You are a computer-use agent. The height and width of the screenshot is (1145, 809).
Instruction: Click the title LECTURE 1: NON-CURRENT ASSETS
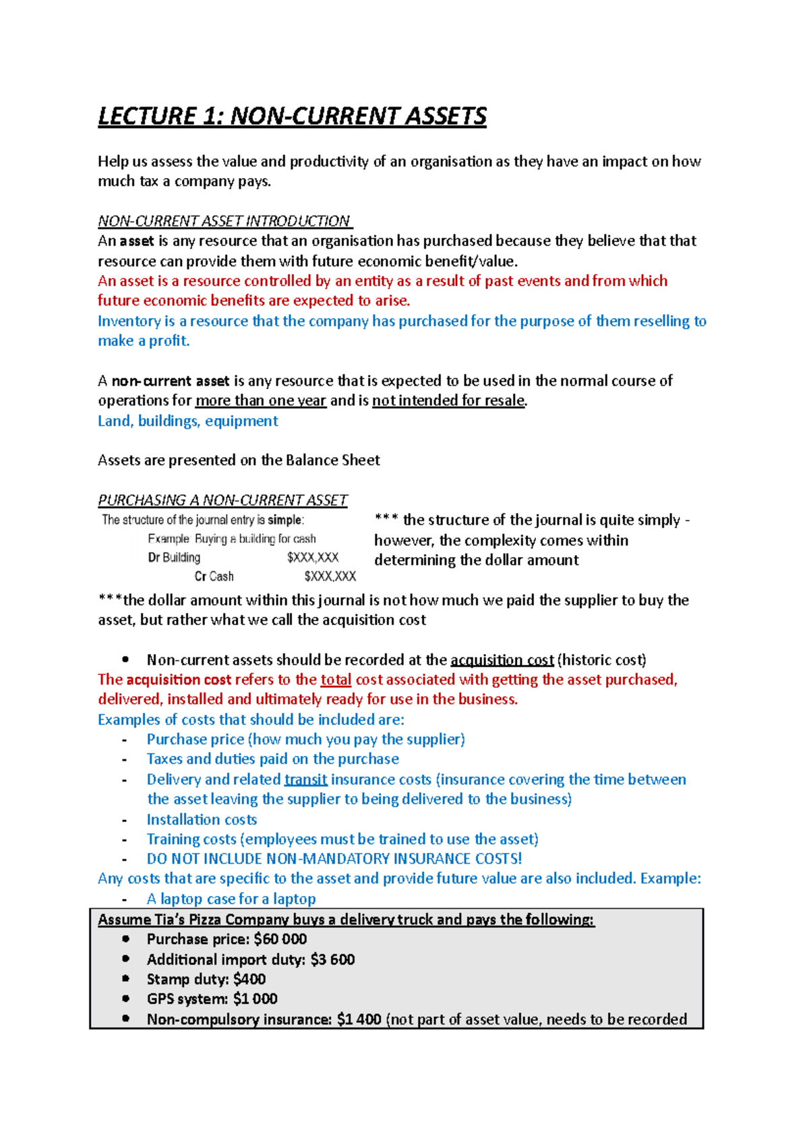click(292, 116)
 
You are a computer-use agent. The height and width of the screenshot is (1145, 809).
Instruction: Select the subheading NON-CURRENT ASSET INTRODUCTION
click(224, 221)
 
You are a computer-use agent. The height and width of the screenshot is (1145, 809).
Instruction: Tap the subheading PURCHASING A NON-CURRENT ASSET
click(222, 500)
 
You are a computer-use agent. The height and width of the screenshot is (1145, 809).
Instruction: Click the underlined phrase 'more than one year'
click(261, 401)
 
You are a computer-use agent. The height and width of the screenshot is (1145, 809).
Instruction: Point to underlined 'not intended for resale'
click(448, 401)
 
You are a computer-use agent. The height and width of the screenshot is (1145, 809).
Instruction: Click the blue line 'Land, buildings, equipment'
click(188, 421)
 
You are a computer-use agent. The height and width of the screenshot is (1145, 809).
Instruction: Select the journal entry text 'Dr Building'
click(174, 558)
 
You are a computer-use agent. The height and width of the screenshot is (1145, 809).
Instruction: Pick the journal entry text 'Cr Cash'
click(214, 577)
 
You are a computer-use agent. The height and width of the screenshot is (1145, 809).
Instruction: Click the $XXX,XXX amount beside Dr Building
click(313, 558)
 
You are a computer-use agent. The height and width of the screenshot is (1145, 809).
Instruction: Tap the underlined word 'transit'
click(305, 780)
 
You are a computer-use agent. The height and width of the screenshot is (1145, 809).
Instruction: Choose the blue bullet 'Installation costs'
click(202, 819)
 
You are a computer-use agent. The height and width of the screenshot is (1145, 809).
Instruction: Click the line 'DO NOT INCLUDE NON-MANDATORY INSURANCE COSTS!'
click(334, 858)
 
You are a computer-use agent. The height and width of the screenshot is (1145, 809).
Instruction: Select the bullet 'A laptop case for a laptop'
click(231, 899)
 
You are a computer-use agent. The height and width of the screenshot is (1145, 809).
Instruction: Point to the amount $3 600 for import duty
click(332, 960)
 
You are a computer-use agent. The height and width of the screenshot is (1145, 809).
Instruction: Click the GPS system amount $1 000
click(256, 999)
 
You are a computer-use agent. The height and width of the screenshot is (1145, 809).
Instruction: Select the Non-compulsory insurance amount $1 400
click(359, 1019)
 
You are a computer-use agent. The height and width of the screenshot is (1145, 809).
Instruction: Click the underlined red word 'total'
click(336, 680)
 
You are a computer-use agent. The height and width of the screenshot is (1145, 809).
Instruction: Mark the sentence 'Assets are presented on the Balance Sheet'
click(239, 461)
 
